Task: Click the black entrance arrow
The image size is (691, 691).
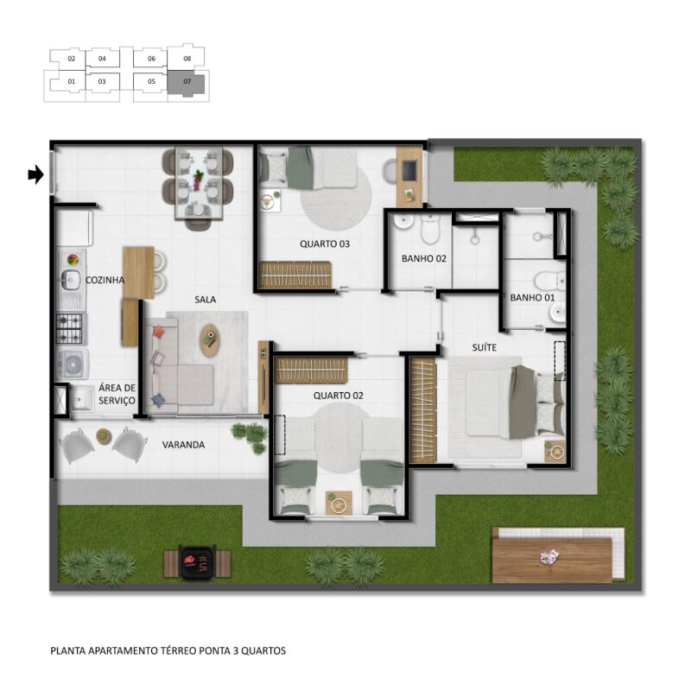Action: point(35,175)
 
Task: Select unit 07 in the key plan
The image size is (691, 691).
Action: point(187,82)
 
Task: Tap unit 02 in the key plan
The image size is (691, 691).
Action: point(72,59)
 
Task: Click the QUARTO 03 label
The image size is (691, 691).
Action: point(325,244)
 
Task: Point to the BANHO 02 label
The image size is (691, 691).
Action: point(424,258)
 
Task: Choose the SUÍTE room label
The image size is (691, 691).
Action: point(485,347)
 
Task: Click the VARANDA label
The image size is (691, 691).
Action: point(183,445)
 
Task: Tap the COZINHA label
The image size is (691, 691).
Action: point(105,280)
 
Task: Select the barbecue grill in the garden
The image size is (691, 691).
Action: point(198,562)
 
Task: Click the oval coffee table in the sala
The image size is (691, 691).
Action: point(210,340)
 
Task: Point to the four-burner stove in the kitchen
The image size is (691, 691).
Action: point(69,328)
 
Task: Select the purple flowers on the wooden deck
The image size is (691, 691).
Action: point(549,557)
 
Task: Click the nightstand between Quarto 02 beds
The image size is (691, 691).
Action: point(339,503)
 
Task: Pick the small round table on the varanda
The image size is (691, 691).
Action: point(104,436)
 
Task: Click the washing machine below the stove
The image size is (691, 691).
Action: point(73,365)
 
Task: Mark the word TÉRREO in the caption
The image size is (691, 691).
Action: point(179,650)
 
